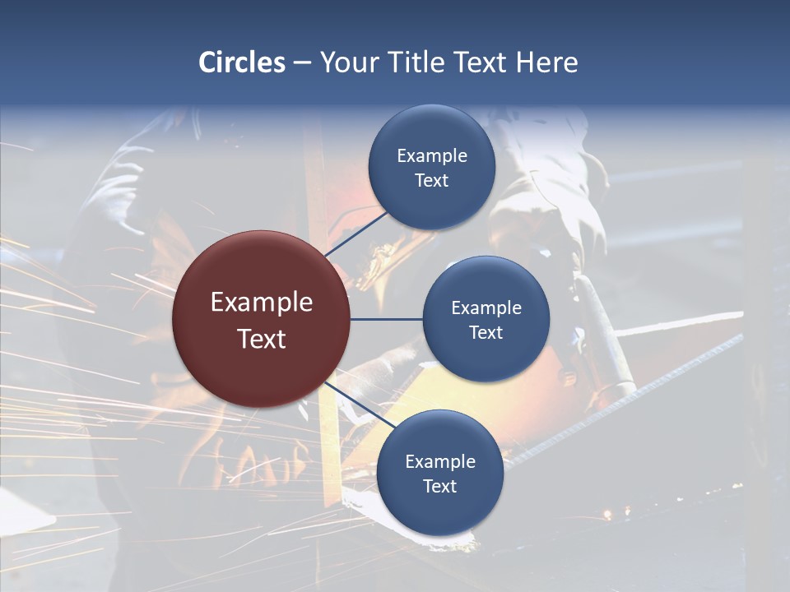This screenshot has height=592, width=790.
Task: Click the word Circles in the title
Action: coord(242,62)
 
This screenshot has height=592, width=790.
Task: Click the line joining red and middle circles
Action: coord(386,319)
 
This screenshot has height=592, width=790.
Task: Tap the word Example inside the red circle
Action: coord(262,303)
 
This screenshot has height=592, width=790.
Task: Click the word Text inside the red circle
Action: coord(262,339)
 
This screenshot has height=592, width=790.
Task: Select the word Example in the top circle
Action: coord(432,156)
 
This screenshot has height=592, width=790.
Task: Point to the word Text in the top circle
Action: coord(432,181)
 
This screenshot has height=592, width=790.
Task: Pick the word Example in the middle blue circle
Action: coord(486,308)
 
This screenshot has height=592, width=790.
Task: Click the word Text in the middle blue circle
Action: coord(486,333)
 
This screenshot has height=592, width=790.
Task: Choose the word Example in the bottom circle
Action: coord(440,462)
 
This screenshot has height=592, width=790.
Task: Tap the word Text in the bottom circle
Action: coord(440,487)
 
